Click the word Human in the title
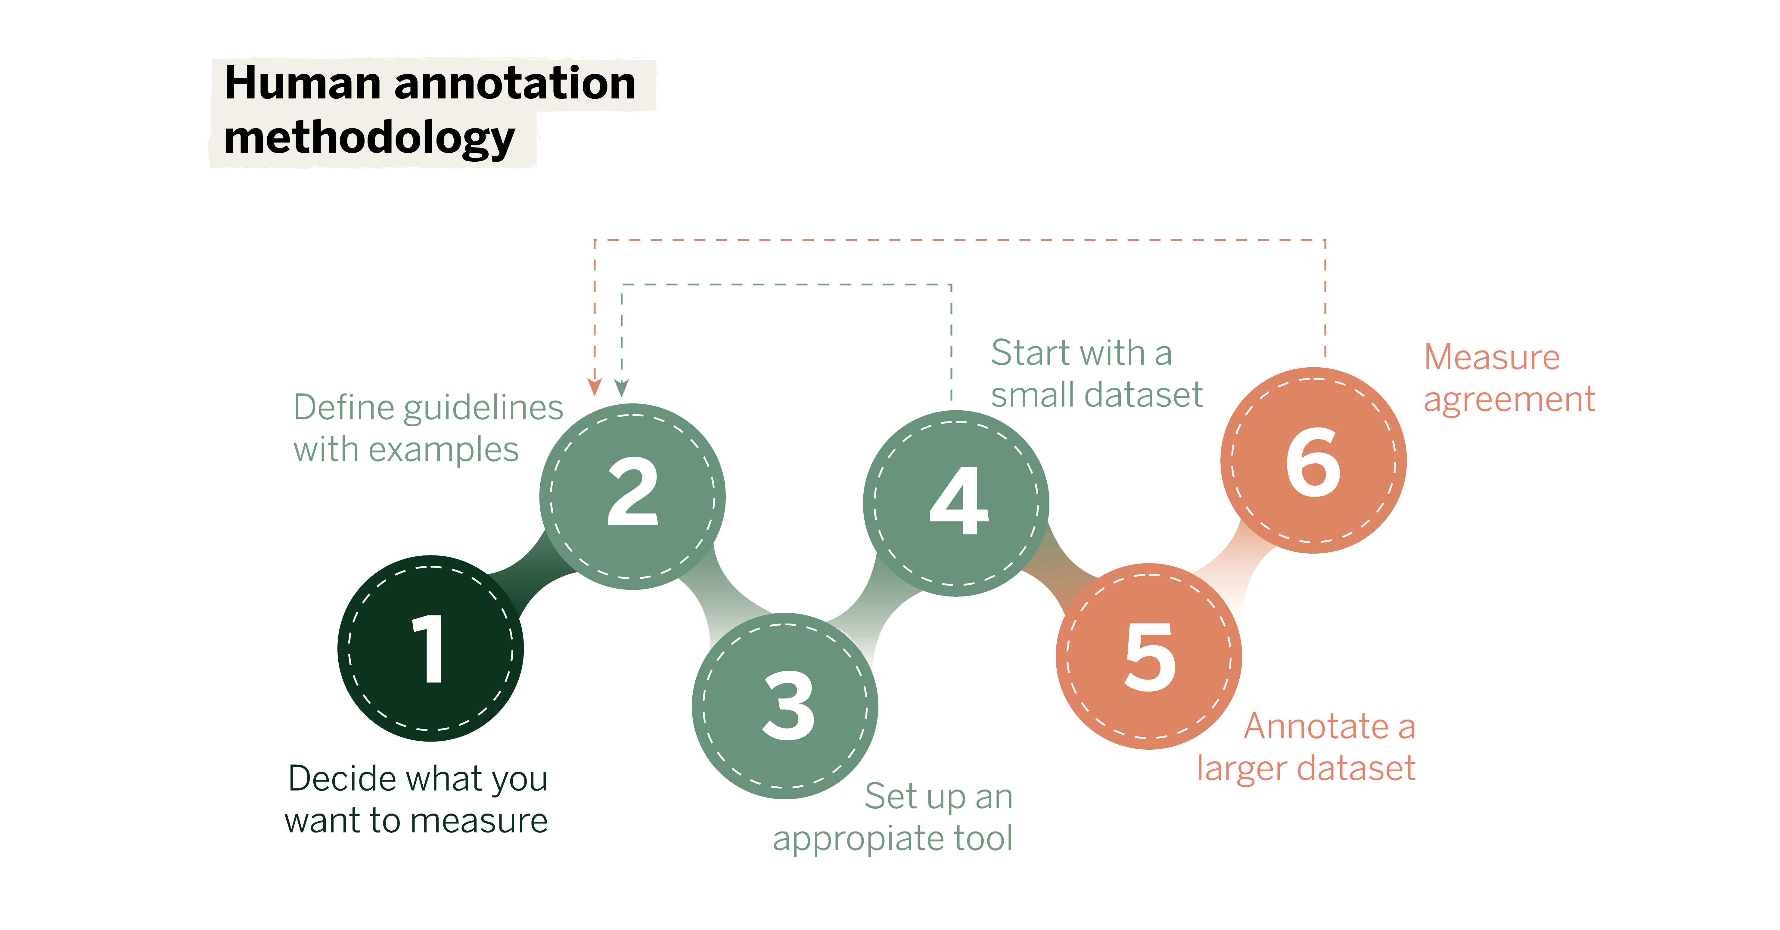[x=302, y=84]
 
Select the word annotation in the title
[x=515, y=84]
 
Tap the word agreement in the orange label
[x=1509, y=399]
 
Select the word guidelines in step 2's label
[x=484, y=408]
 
